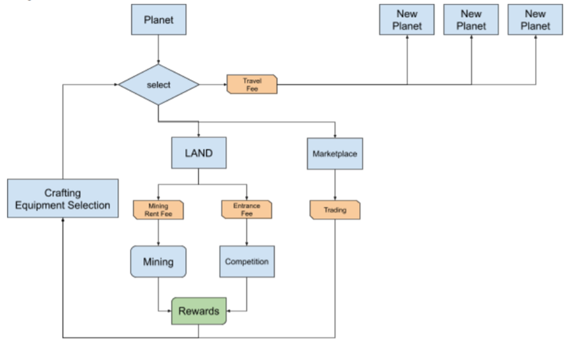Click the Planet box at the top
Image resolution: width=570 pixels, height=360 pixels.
[x=159, y=20]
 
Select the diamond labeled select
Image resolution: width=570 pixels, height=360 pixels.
[x=159, y=85]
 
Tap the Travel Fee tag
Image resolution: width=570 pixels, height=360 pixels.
[x=252, y=84]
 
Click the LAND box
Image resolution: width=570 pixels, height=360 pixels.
[x=199, y=153]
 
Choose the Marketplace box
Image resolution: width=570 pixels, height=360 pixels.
[x=335, y=154]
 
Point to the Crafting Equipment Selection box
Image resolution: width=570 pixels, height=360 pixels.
[x=63, y=198]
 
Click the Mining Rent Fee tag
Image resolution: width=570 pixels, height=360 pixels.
[x=158, y=210]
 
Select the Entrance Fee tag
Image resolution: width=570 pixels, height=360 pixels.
[x=246, y=210]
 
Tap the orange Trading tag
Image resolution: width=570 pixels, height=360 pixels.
[x=335, y=210]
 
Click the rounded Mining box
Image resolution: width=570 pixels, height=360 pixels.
[x=158, y=262]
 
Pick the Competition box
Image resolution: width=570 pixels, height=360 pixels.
[x=247, y=262]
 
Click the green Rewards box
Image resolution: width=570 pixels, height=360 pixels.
[x=199, y=311]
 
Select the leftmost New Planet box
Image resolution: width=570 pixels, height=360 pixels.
[x=407, y=20]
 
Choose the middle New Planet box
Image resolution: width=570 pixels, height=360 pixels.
[x=471, y=20]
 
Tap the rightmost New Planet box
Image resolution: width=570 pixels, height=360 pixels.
[x=535, y=20]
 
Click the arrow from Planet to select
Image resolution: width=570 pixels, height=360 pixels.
[x=158, y=49]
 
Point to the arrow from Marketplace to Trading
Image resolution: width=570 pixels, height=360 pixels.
[x=335, y=185]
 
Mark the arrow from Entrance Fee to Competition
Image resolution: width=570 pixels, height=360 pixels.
[x=246, y=232]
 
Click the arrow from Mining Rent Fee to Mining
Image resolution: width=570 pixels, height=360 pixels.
[x=158, y=233]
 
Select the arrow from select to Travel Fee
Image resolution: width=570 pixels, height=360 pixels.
[x=213, y=84]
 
